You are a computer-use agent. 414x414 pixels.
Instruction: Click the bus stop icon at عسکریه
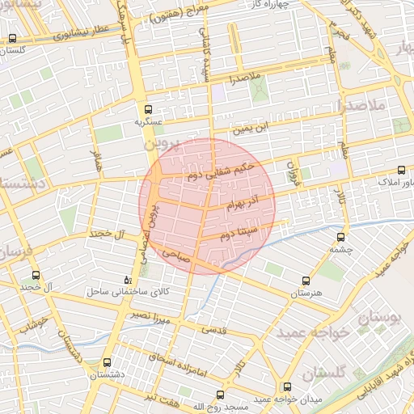146,109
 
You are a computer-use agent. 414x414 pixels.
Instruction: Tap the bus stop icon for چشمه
340,238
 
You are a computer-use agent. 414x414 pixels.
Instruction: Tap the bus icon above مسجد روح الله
220,395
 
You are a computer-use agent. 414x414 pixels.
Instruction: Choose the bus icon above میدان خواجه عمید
286,387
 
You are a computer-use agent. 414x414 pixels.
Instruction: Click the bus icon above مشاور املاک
402,170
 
